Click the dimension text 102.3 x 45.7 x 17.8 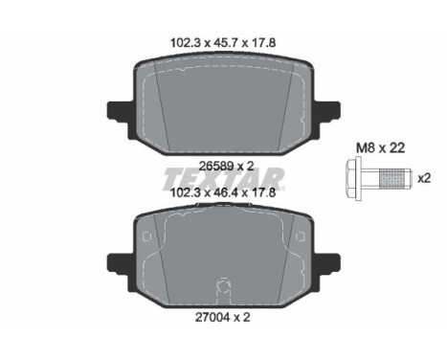[223, 42]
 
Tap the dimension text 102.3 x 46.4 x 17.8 [223, 192]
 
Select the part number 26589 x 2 [226, 166]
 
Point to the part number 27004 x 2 [223, 317]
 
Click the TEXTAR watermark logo [223, 179]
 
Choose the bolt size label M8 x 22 [380, 147]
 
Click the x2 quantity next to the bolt [424, 178]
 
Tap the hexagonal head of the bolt [353, 178]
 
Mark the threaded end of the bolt [393, 178]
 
